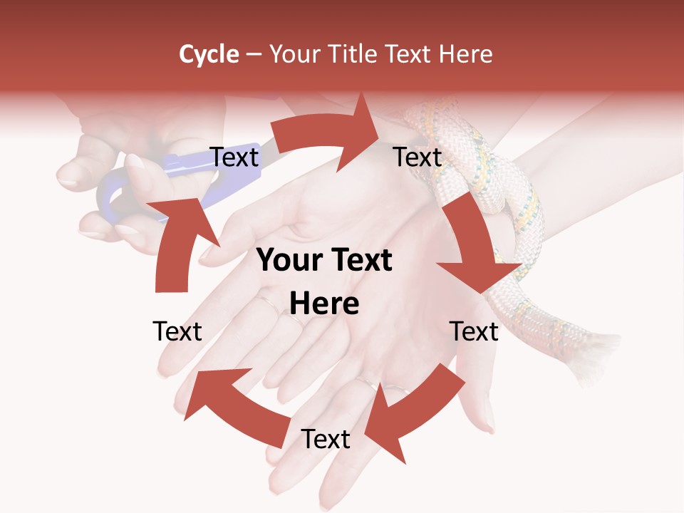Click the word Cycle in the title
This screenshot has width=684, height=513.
[x=209, y=54]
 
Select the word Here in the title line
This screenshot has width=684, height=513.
[x=465, y=54]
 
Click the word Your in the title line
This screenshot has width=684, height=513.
[x=294, y=54]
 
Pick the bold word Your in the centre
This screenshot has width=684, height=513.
[x=290, y=261]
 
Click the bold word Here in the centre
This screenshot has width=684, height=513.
[x=324, y=304]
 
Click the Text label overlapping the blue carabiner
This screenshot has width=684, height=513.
[x=234, y=157]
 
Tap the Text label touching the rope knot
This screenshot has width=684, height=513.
[x=418, y=157]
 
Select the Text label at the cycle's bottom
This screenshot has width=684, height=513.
[x=326, y=440]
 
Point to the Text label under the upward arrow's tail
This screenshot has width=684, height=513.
[x=177, y=331]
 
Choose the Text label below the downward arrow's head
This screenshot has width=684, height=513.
[x=475, y=331]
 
